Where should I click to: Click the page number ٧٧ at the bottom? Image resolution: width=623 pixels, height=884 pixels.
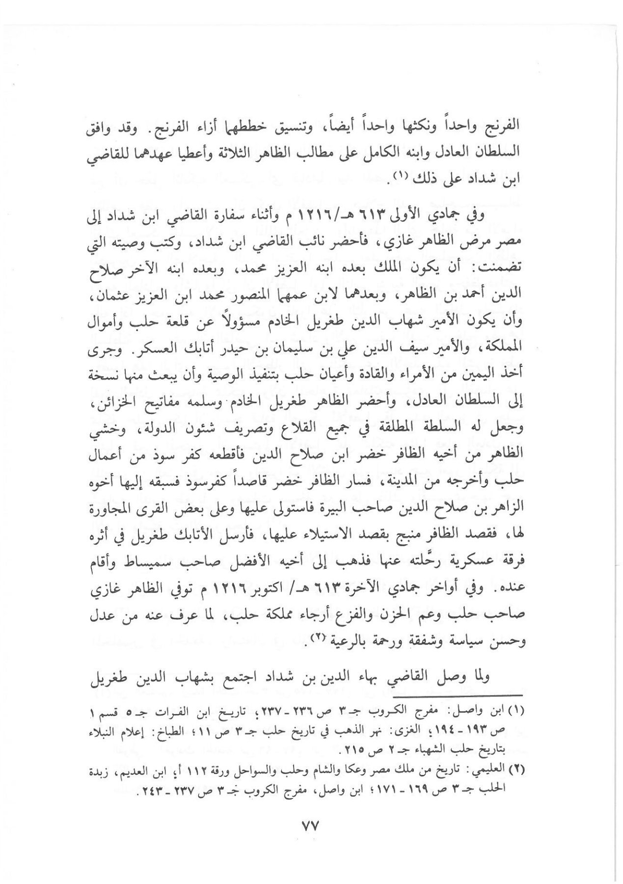(312, 827)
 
